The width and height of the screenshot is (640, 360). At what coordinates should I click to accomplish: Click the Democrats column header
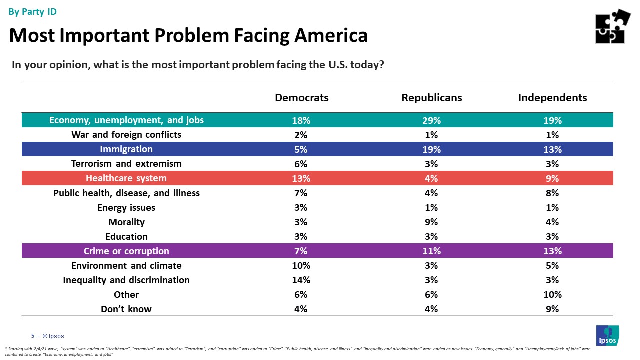302,98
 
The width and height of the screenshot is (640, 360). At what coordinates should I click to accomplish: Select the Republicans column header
431,98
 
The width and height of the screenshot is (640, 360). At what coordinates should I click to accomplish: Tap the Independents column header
552,98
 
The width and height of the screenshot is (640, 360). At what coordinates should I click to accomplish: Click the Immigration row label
126,149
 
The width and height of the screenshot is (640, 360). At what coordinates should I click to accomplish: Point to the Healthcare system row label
126,178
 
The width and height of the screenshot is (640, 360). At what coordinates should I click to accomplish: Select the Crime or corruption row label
126,251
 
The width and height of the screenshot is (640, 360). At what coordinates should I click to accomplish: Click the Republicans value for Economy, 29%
431,120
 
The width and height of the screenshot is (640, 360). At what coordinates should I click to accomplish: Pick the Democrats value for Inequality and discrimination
302,280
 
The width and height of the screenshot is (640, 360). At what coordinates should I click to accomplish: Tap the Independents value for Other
552,295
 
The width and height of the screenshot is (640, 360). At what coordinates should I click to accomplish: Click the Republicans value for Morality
431,222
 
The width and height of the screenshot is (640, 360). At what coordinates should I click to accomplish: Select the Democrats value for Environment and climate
302,266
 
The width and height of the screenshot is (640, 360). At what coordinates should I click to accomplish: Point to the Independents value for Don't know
552,309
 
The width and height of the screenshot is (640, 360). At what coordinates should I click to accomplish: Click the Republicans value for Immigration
431,149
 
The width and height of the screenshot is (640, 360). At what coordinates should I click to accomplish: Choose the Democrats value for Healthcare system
302,178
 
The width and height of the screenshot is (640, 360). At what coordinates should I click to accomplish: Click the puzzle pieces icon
613,26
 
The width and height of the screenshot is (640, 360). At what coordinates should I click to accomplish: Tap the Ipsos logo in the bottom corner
607,335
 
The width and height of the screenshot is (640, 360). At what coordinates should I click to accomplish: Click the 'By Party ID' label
33,12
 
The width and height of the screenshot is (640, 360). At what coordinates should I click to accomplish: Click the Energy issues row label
126,208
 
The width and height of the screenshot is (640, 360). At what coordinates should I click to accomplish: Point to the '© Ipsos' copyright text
53,336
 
